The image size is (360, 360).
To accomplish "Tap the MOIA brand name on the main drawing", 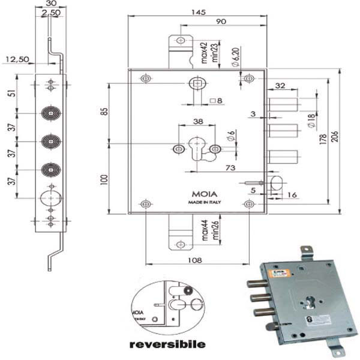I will pyautogui.click(x=197, y=194).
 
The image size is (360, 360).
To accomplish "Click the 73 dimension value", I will pyautogui.click(x=229, y=169).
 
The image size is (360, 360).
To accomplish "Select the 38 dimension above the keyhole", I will pyautogui.click(x=197, y=121).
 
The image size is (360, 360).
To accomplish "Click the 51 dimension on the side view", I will pyautogui.click(x=11, y=94).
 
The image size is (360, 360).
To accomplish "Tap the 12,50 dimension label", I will pyautogui.click(x=17, y=59).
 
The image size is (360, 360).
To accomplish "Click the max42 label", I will pyautogui.click(x=204, y=53).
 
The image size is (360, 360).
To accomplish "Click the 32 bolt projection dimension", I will pyautogui.click(x=280, y=85).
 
